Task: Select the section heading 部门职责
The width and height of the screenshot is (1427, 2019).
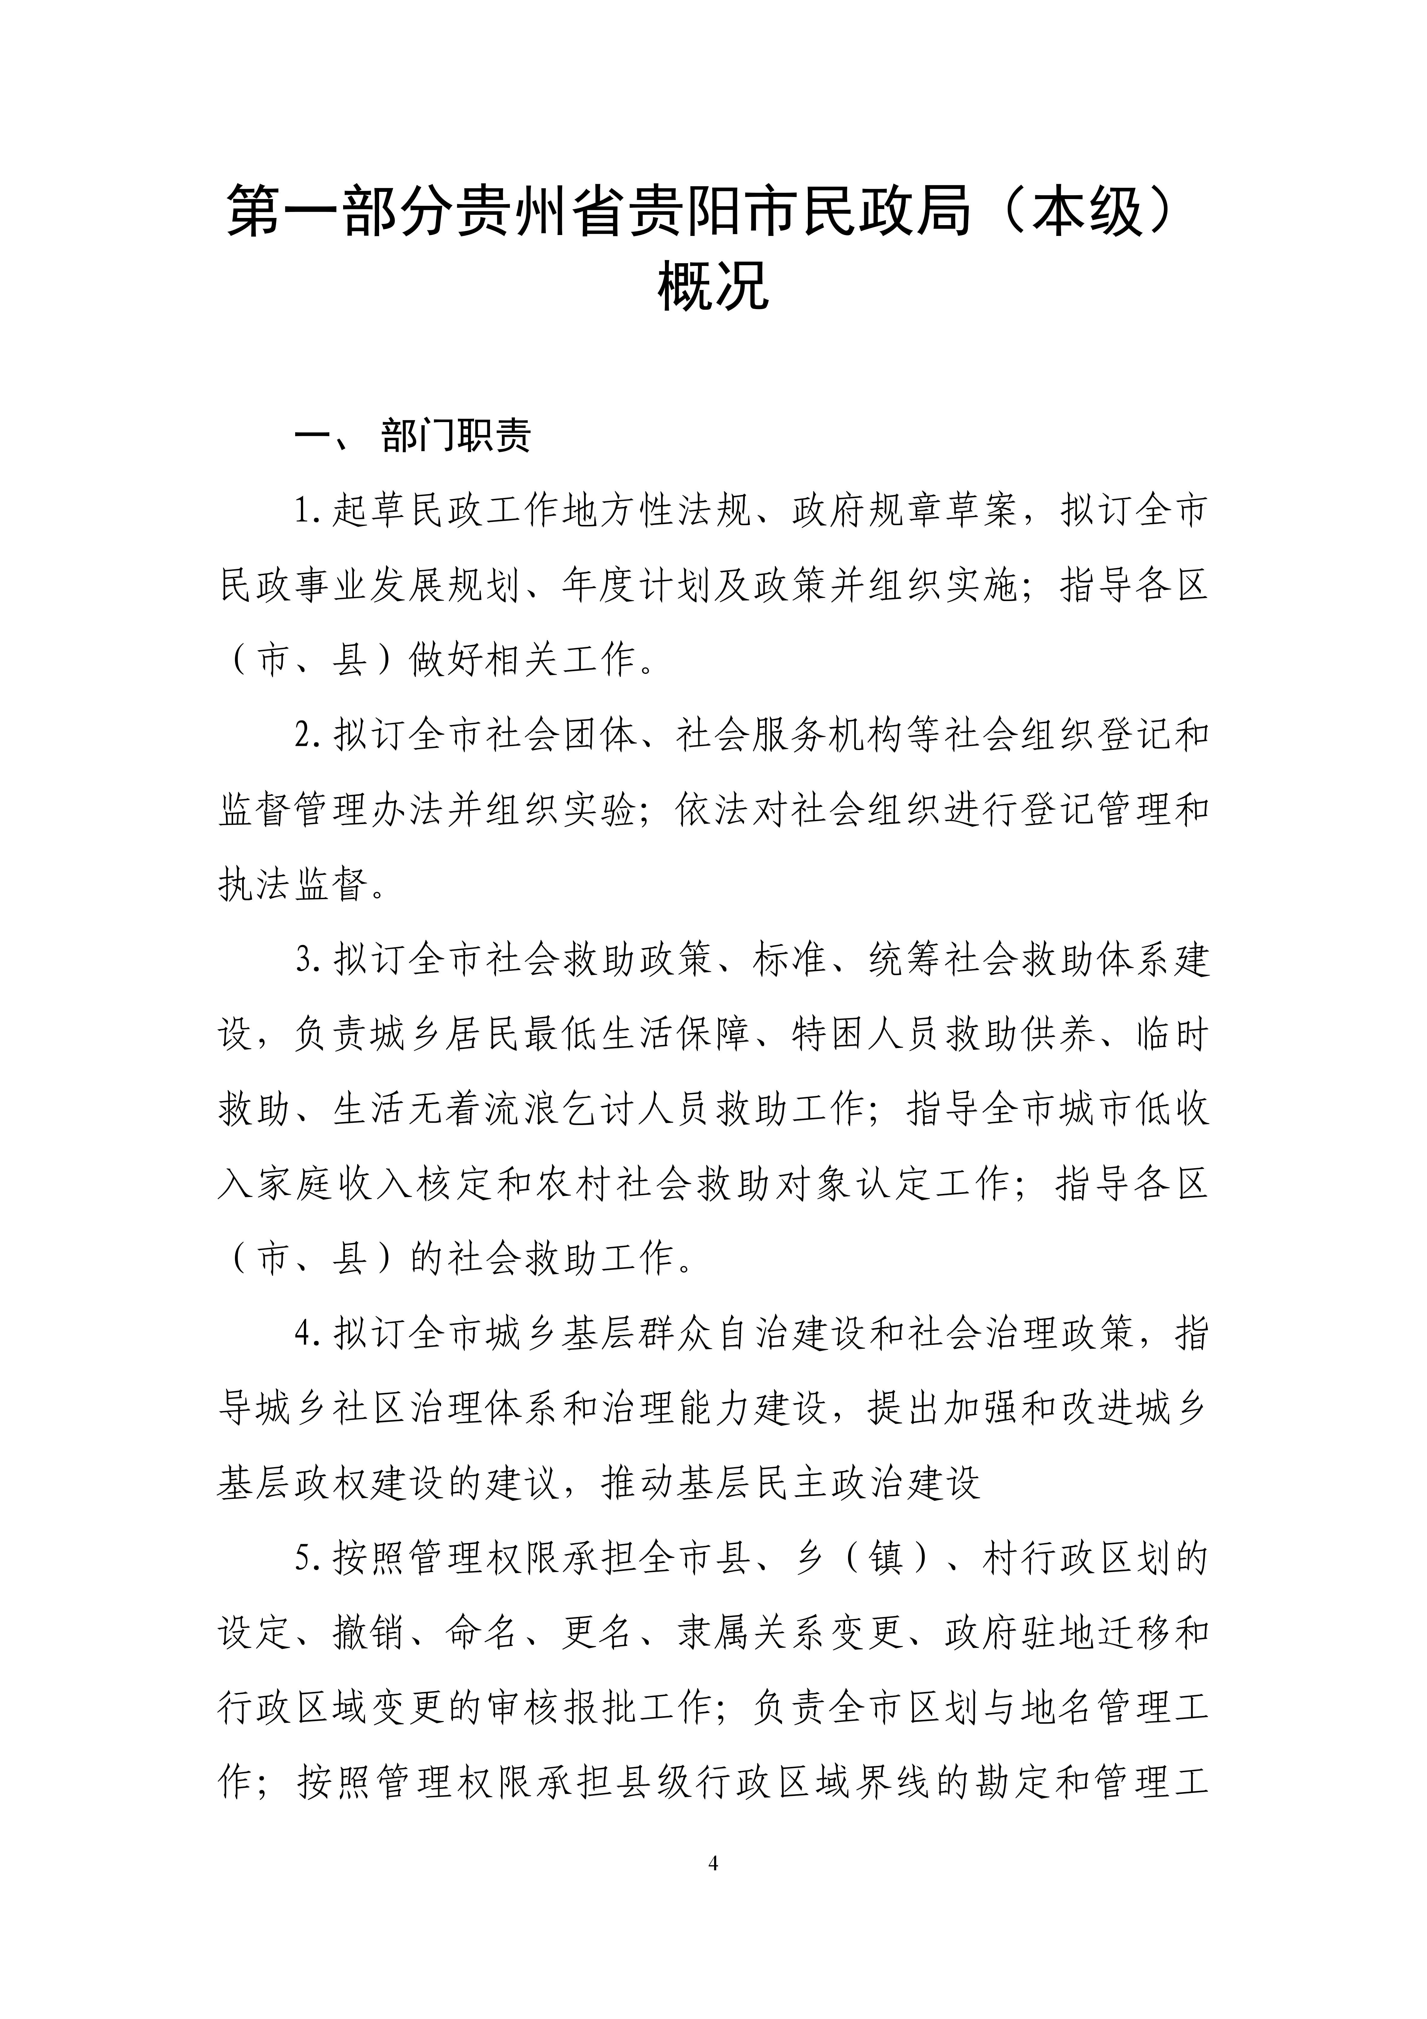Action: (x=456, y=436)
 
